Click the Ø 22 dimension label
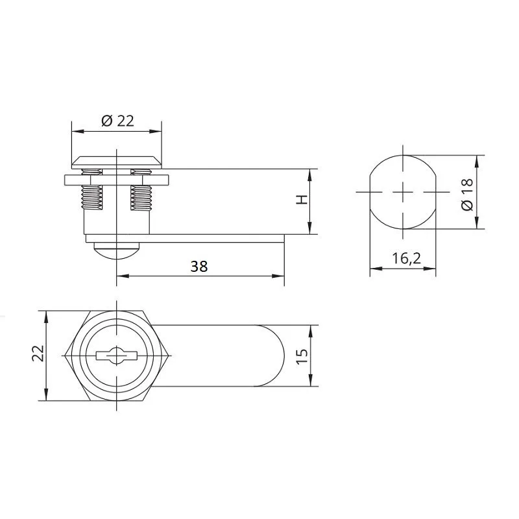[118, 121]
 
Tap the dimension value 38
[199, 267]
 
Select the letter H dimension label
[302, 200]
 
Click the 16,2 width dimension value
[407, 258]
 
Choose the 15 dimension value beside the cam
[302, 356]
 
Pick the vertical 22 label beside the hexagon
[38, 353]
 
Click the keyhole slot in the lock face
[117, 356]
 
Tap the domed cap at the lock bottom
[117, 250]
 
